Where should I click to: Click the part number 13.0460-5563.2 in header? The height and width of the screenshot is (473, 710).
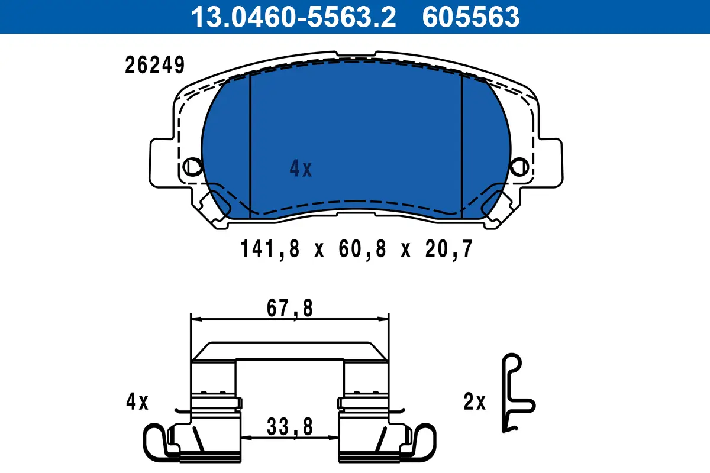click(x=292, y=17)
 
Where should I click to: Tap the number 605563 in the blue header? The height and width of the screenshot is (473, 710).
click(x=470, y=17)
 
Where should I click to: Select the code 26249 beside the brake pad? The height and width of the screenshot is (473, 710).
click(x=154, y=66)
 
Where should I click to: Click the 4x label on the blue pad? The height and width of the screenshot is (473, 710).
click(x=300, y=170)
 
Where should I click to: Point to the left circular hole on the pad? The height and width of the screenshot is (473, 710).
click(x=192, y=166)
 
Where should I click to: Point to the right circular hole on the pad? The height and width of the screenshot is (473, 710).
click(x=519, y=166)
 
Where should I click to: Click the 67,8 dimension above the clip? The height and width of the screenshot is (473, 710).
click(x=289, y=309)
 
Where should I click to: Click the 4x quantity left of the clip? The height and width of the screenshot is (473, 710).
click(x=137, y=403)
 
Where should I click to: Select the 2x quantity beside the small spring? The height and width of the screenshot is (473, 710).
click(x=474, y=403)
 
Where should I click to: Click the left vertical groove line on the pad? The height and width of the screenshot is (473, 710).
click(x=250, y=145)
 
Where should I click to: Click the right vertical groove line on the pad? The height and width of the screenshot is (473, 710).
click(x=461, y=145)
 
